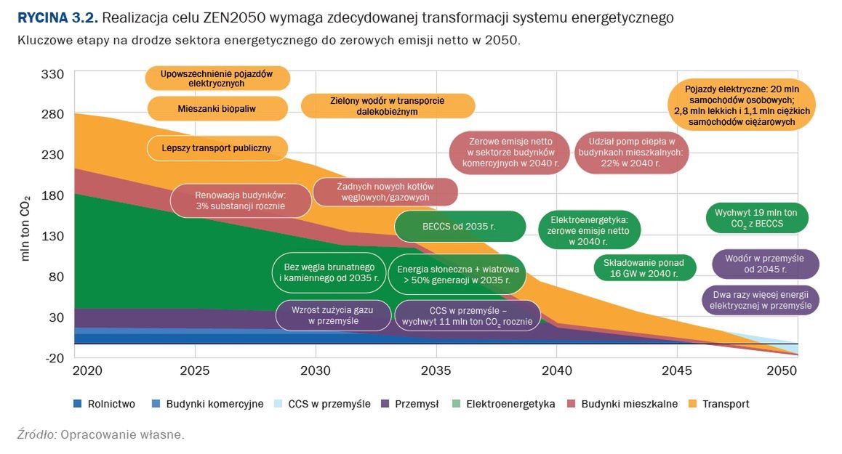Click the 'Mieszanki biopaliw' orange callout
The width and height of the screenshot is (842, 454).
click(217, 108)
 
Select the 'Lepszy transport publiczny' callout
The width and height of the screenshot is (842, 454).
click(216, 148)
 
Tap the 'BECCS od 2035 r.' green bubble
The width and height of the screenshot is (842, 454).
click(459, 226)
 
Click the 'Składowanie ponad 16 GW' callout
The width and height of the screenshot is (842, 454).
click(644, 267)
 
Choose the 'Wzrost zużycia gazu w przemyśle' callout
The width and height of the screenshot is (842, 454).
click(332, 315)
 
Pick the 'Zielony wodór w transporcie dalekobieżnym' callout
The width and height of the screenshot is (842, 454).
click(387, 106)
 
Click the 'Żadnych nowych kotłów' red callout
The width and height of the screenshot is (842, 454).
click(385, 192)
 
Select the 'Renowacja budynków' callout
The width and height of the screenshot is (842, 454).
click(241, 200)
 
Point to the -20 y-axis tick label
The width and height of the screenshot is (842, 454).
click(55, 357)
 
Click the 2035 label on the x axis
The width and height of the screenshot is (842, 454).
click(436, 371)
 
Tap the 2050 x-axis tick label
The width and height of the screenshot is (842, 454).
click(782, 371)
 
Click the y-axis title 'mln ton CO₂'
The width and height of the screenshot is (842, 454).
click(26, 228)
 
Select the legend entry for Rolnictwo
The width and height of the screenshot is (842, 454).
click(105, 404)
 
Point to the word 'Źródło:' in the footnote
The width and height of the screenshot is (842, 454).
click(36, 434)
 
